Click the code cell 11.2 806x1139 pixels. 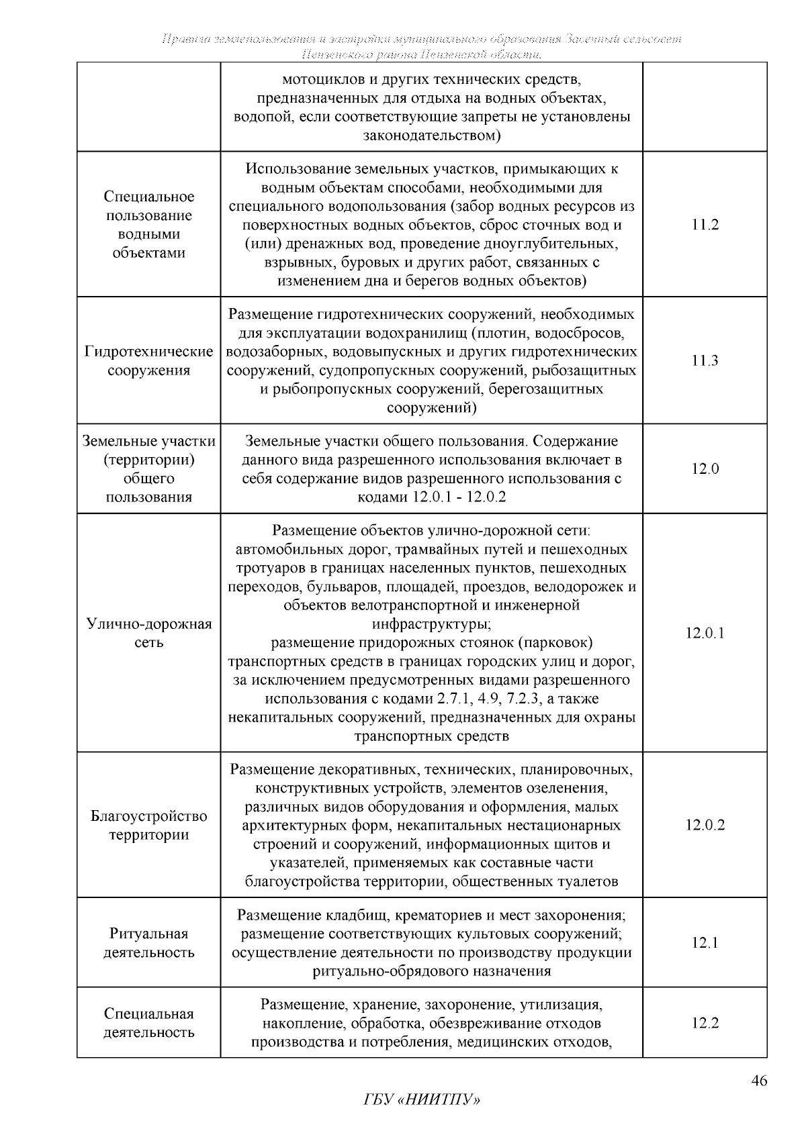click(705, 225)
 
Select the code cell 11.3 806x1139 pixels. click(705, 360)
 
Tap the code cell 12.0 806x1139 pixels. click(705, 469)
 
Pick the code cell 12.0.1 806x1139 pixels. click(705, 633)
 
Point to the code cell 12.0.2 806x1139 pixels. click(705, 825)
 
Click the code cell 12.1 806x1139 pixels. click(705, 943)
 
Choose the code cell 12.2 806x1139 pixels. click(705, 1023)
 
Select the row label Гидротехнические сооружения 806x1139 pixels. click(149, 361)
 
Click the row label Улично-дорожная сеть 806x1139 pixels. click(149, 633)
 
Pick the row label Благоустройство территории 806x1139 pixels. click(149, 826)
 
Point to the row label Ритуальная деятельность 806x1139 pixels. click(149, 943)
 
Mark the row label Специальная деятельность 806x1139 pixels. click(149, 1023)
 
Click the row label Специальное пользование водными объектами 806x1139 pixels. click(149, 225)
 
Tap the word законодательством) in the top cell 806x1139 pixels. click(432, 136)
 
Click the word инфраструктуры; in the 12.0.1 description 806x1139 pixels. click(432, 624)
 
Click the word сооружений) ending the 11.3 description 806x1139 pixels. click(432, 408)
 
